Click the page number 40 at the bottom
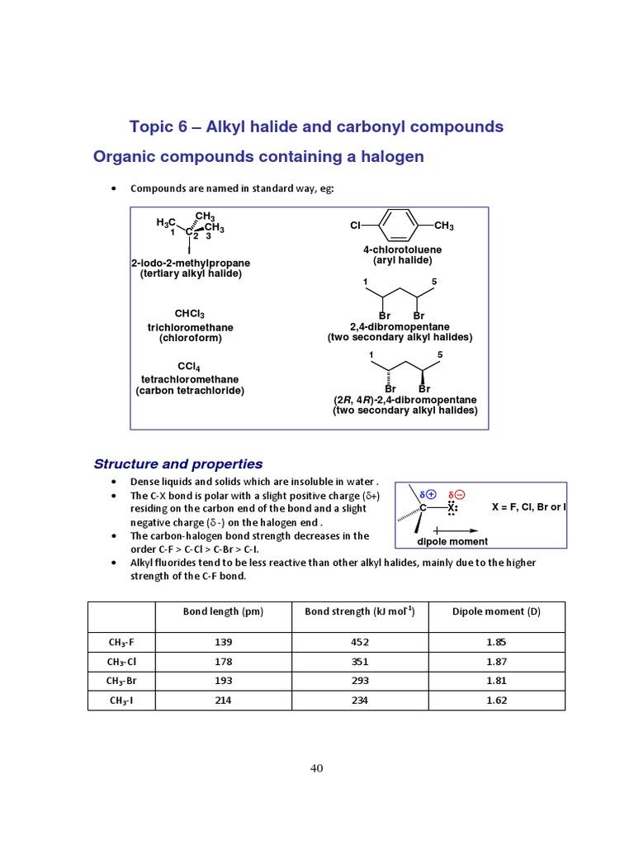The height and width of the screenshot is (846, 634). (x=317, y=768)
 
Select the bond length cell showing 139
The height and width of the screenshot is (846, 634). (x=223, y=642)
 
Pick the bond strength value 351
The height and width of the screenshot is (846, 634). (x=359, y=662)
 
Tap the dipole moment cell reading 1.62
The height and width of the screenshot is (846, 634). (x=496, y=701)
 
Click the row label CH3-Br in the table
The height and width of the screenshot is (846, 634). (x=121, y=681)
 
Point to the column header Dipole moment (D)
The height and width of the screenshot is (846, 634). (x=496, y=611)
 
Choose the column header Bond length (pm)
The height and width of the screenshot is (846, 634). (x=223, y=611)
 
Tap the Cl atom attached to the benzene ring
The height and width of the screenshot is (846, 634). (x=355, y=226)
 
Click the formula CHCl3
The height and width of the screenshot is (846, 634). (x=190, y=314)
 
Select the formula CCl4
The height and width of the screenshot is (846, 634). (x=189, y=366)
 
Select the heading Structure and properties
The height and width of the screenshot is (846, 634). (x=178, y=463)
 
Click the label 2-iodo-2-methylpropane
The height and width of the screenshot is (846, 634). (x=191, y=263)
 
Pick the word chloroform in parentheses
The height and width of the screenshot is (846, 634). (x=191, y=338)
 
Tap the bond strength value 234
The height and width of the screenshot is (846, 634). (x=359, y=701)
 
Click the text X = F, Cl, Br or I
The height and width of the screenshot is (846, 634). (x=529, y=506)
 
